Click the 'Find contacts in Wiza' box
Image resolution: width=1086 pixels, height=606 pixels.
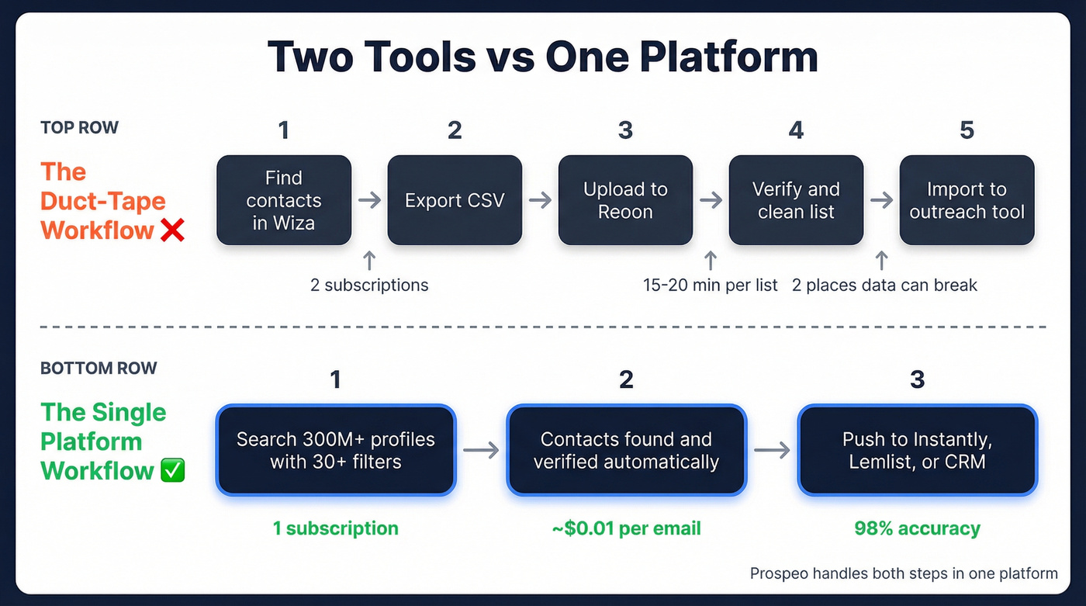coord(284,200)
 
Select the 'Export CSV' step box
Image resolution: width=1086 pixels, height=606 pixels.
coord(455,200)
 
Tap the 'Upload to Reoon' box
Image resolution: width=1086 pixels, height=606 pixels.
coord(625,200)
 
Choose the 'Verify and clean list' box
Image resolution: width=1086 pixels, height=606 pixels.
coord(796,200)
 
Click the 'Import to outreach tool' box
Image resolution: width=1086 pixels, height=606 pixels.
coord(967,200)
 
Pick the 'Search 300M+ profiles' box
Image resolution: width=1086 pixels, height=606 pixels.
coord(336,450)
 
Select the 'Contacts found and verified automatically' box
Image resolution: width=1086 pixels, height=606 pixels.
coord(626,450)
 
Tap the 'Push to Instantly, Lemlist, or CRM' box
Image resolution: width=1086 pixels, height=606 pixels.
coord(917,450)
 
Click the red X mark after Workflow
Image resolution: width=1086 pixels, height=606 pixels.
coord(172,230)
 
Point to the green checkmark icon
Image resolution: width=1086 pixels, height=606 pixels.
coord(172,471)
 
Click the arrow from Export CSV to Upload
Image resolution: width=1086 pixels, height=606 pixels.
coord(540,200)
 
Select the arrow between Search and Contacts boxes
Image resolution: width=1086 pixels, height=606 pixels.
coord(481,450)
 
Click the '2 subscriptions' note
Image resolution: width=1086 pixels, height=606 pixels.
coord(369,285)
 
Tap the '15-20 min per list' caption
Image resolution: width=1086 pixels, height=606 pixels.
coord(711,285)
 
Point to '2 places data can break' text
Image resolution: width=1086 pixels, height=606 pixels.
coord(884,285)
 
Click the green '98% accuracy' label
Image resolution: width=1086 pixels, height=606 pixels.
coord(917,528)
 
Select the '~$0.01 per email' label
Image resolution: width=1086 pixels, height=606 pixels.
coord(626,528)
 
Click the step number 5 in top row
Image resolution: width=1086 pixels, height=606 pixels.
coord(967,130)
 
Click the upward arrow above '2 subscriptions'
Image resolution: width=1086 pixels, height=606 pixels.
coord(369,259)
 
